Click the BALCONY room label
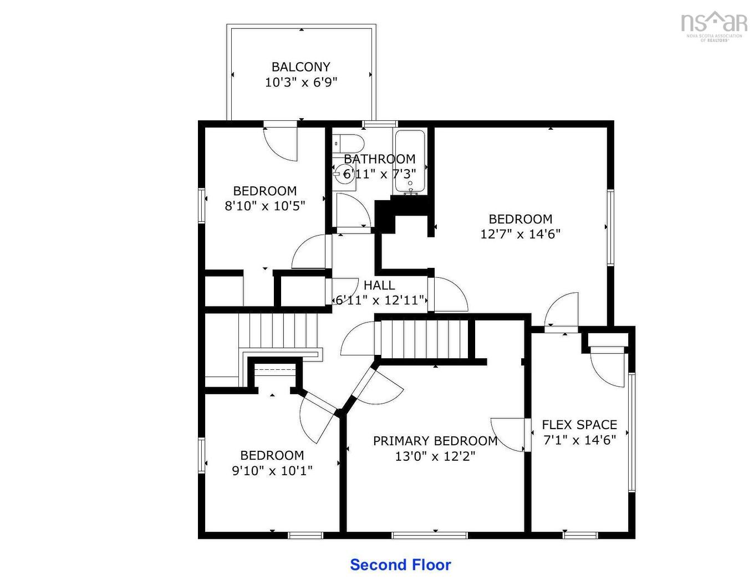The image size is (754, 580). click(x=301, y=67)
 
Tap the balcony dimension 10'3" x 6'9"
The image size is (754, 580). click(x=301, y=83)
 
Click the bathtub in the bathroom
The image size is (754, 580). click(x=410, y=161)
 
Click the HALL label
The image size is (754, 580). click(x=379, y=285)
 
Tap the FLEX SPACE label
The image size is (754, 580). click(x=579, y=425)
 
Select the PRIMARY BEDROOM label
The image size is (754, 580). click(x=435, y=441)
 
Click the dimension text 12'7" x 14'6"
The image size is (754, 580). click(x=521, y=234)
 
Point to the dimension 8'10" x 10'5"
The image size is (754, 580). click(x=265, y=206)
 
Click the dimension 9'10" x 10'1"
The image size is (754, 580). click(x=272, y=471)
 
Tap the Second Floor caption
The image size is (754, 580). click(x=400, y=564)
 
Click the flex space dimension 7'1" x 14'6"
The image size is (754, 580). click(x=579, y=440)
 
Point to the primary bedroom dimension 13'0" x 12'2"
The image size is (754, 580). click(x=435, y=456)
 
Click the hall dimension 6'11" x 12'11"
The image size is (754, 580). click(x=380, y=300)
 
